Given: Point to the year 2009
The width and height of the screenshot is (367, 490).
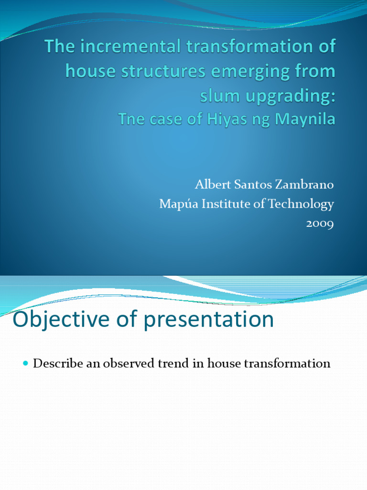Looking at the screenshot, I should pos(320,223).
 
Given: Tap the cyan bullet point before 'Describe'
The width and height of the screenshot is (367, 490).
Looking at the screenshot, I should pos(26,364).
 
